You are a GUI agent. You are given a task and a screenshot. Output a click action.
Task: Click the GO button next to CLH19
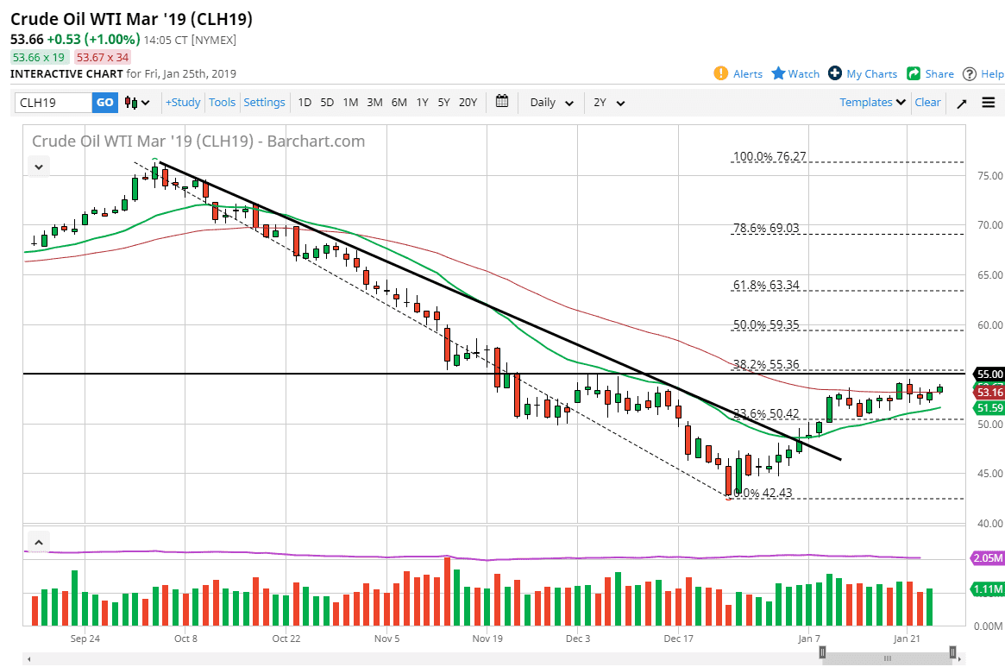(104, 103)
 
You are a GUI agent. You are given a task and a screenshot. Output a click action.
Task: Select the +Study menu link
(183, 103)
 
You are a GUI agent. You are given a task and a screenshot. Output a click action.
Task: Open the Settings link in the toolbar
(264, 103)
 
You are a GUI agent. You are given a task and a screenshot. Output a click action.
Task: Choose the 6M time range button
(399, 103)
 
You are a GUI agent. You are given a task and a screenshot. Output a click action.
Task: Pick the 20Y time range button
(468, 103)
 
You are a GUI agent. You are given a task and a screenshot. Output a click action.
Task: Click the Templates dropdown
(872, 103)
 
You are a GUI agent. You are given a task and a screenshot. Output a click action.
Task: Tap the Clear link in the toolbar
(927, 103)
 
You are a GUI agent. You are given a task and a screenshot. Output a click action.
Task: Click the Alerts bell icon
(721, 73)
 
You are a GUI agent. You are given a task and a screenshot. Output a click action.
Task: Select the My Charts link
(871, 74)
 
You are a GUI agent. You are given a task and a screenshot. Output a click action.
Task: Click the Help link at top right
(992, 74)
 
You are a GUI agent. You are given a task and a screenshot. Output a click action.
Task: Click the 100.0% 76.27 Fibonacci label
(769, 157)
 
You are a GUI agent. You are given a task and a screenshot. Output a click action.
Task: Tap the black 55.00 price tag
(989, 374)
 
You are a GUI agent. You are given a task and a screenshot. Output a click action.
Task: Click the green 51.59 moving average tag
(989, 407)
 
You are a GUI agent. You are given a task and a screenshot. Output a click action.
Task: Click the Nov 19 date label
(487, 639)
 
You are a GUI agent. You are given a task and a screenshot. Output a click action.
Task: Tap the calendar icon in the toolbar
(503, 102)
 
